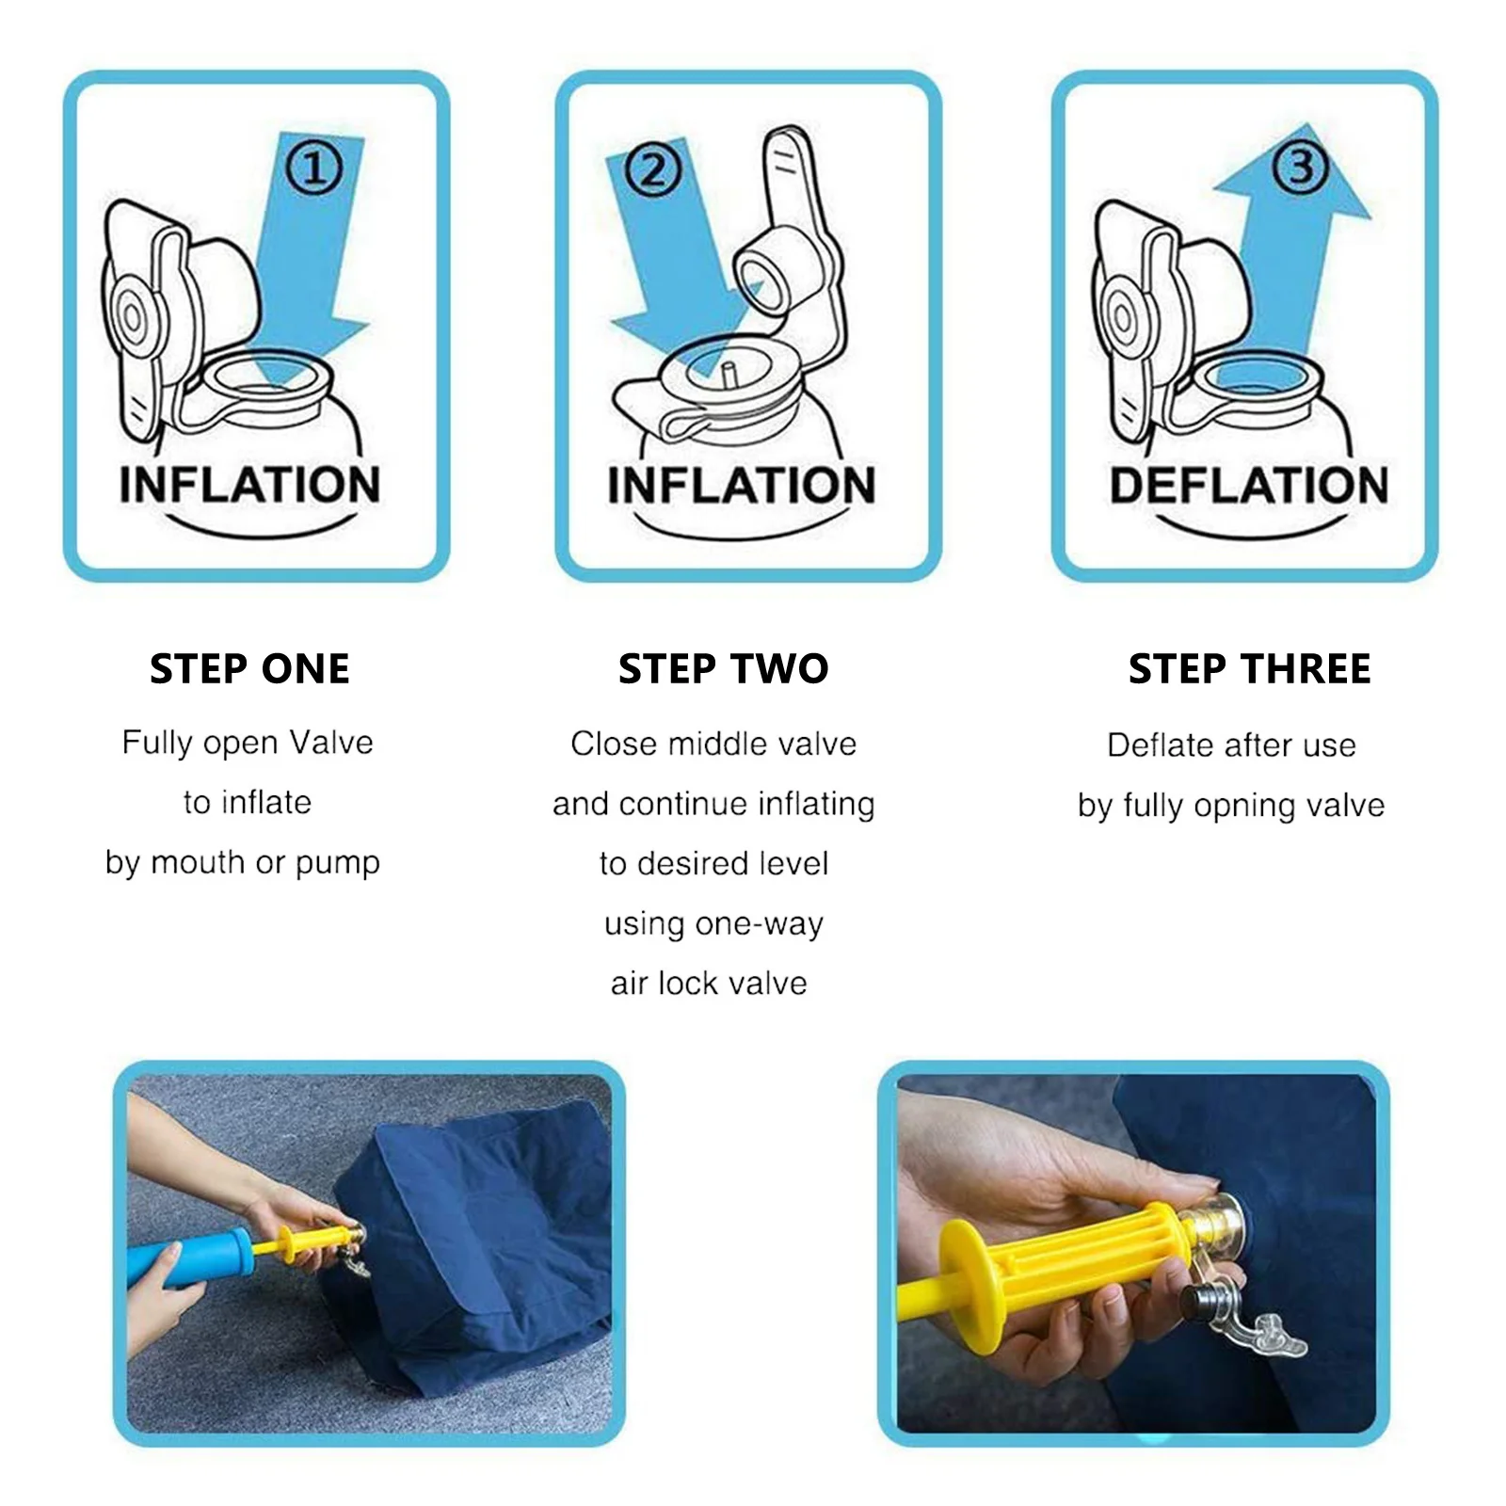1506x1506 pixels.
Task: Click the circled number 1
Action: (x=313, y=169)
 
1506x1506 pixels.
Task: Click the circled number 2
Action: (x=652, y=171)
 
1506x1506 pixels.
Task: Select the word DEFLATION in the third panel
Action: (x=1249, y=486)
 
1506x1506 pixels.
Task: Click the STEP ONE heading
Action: (x=249, y=669)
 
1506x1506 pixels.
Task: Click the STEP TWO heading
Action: (x=723, y=669)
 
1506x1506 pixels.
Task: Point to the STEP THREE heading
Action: (x=1249, y=669)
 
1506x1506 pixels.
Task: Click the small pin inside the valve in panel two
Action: (x=729, y=372)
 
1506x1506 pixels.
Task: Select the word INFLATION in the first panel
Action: (x=249, y=486)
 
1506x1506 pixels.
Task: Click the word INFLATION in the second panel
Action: (x=741, y=486)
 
